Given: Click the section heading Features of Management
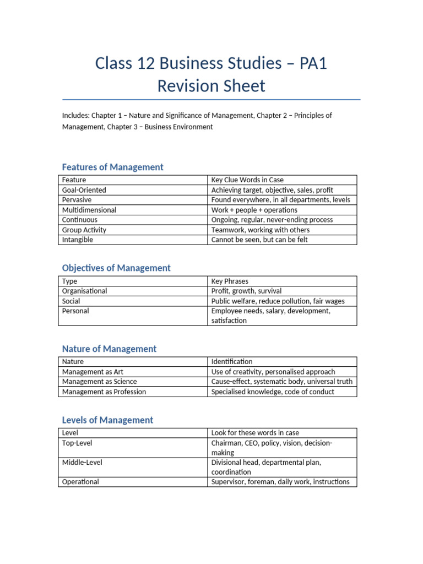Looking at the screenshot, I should [112, 167].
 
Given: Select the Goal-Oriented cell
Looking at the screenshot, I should [84, 190].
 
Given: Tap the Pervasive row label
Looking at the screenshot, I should [77, 200].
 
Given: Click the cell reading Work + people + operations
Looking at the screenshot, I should [254, 210].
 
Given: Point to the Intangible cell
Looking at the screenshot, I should [78, 240].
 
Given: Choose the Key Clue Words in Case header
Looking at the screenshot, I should [247, 180].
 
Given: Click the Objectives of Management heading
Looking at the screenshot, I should [116, 268].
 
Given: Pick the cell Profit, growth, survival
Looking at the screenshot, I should [246, 291].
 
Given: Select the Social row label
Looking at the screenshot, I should [71, 301].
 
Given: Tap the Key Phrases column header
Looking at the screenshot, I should [230, 281].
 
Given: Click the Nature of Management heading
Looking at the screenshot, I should [109, 349].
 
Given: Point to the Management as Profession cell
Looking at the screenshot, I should [104, 392].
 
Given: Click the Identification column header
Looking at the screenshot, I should [232, 362].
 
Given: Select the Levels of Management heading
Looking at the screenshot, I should [107, 420].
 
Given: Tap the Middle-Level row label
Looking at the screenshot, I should [82, 462].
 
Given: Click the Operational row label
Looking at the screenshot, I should [80, 482].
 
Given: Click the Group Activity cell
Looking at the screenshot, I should [84, 230].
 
